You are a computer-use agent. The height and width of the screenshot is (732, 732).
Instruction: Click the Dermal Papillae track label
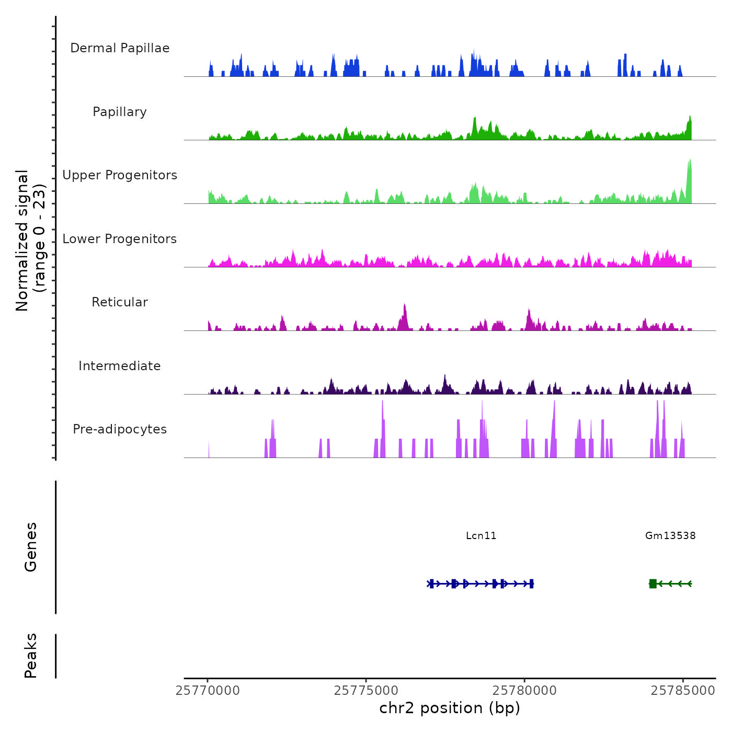120,48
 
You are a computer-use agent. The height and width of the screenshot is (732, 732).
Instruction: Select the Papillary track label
120,112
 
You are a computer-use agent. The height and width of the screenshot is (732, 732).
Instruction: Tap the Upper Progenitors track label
120,175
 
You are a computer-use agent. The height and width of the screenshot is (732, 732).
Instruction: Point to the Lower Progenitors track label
120,239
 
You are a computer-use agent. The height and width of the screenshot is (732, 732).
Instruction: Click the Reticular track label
120,302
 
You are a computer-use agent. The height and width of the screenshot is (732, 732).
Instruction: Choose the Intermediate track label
120,366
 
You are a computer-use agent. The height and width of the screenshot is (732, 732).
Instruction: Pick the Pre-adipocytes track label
120,429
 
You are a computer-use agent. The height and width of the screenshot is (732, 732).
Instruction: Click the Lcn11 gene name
481,535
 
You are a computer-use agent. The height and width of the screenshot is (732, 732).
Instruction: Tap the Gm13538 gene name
670,535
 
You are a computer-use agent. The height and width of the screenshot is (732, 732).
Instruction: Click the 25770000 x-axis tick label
208,691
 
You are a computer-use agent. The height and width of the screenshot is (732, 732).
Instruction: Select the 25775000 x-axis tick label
366,691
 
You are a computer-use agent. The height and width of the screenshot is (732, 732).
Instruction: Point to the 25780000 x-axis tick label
524,691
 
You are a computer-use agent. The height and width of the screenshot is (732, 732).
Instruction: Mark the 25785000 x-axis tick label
683,691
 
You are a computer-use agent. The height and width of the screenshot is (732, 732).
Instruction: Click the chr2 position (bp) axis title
450,708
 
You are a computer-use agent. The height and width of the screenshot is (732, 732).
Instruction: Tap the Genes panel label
31,547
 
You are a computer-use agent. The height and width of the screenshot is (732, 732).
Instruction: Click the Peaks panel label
31,656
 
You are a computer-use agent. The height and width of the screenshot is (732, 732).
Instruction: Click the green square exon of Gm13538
653,584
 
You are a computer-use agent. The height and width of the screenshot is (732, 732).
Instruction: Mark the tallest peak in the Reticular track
405,316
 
